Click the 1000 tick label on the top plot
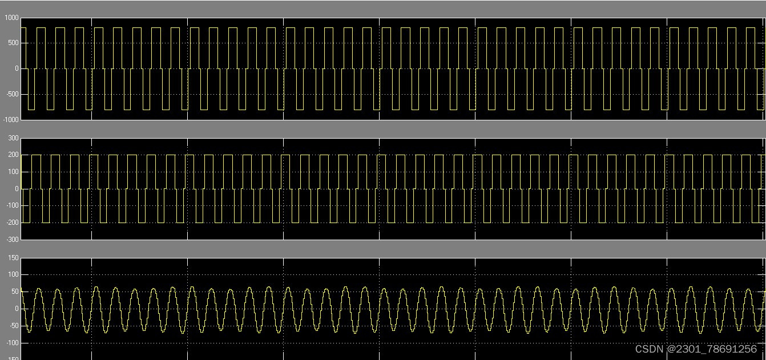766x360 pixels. click(11, 18)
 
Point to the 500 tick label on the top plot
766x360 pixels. click(13, 43)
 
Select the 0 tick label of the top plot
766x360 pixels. click(17, 68)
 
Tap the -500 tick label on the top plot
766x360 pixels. click(11, 94)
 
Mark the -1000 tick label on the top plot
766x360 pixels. click(10, 119)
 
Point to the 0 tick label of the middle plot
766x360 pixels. click(17, 189)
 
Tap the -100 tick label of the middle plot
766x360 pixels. click(12, 205)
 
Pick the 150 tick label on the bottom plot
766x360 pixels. click(13, 258)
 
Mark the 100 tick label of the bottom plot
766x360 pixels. click(13, 275)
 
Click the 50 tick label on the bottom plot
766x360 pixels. click(15, 292)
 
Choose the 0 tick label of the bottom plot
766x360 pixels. click(17, 309)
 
